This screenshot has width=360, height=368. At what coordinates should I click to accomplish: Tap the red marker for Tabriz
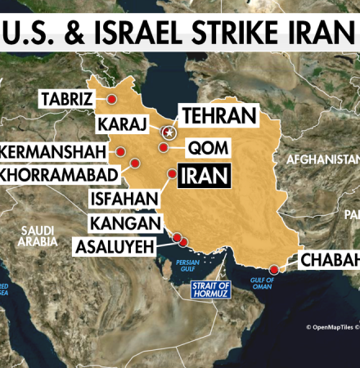[x=110, y=99]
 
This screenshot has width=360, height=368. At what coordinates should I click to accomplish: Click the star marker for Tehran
[x=169, y=131]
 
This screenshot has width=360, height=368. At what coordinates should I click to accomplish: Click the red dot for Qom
[x=164, y=148]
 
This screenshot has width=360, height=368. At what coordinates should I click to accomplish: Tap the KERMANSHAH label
[x=54, y=152]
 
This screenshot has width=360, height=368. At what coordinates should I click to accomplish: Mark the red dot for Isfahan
[x=171, y=173]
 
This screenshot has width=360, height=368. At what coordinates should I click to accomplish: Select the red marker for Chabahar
[x=273, y=269]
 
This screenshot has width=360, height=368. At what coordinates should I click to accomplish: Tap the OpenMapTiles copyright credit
[x=332, y=327]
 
